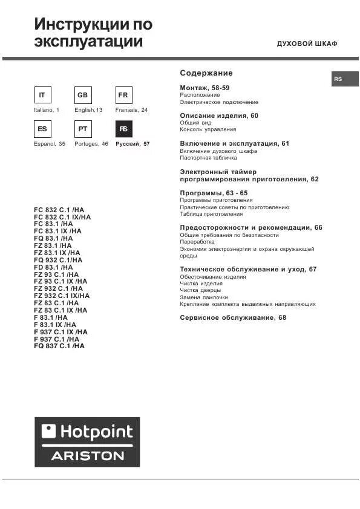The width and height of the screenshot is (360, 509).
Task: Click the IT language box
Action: (42, 96)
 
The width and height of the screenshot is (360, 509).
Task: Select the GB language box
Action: (83, 96)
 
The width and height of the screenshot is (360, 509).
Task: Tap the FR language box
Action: (123, 96)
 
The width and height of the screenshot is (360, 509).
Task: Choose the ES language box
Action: (42, 129)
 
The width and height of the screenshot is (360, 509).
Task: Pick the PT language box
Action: (83, 129)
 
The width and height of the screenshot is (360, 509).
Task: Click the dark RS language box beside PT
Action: (123, 129)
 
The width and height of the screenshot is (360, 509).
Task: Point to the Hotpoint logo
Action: (87, 431)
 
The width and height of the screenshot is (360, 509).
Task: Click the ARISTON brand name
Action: (87, 455)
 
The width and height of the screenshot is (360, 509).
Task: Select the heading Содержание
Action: (206, 73)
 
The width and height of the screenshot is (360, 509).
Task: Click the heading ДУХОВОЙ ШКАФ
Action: (307, 44)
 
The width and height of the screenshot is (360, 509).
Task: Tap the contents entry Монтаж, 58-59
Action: (205, 88)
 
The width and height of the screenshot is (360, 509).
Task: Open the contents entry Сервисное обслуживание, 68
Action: (233, 317)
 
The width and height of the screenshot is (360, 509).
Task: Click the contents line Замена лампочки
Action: (204, 297)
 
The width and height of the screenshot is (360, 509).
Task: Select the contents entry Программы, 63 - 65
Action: (214, 193)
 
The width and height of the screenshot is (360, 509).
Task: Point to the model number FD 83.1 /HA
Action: (53, 267)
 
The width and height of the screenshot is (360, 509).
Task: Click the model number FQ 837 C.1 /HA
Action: (59, 346)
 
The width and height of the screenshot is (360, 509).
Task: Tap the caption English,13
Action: (88, 111)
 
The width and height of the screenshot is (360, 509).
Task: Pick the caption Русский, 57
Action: (132, 144)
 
